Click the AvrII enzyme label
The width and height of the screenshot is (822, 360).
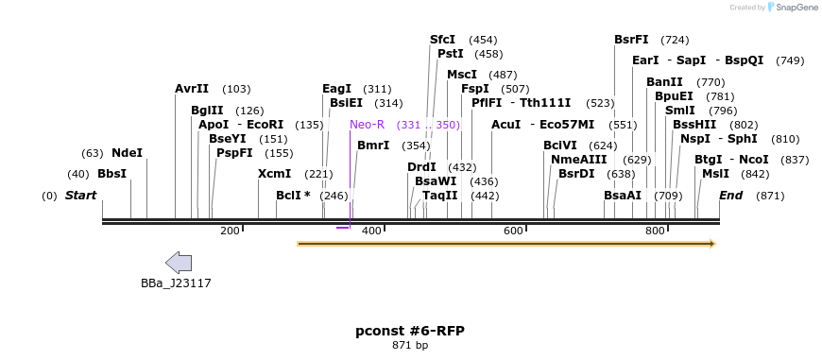point(192,89)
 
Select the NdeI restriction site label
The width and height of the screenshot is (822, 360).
point(127,153)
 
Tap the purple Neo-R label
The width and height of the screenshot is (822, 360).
point(367,125)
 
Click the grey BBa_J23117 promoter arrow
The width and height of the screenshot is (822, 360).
point(178,264)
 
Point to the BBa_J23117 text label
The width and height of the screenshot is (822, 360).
point(176,283)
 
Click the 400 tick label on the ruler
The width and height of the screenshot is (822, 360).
point(371,231)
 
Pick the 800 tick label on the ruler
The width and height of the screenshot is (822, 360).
point(655,231)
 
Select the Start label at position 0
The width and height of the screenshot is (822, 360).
point(80,196)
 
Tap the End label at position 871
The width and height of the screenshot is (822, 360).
point(730,196)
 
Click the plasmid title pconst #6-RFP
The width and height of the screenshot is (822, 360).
point(410,331)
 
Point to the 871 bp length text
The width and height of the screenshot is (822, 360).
point(410,346)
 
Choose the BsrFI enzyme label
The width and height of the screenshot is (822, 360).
point(631,40)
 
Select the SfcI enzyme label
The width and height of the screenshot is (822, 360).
point(442,40)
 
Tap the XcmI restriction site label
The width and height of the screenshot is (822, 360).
point(275,174)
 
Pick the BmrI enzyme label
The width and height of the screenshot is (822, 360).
point(373,146)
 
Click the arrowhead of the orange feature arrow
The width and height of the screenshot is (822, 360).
point(710,244)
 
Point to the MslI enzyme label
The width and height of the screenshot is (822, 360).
point(715,174)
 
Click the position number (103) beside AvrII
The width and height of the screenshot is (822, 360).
point(236,89)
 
